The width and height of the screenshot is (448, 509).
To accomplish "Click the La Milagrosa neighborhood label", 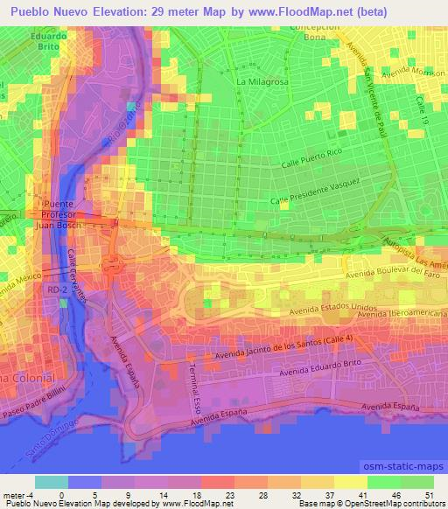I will pos(262,81).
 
